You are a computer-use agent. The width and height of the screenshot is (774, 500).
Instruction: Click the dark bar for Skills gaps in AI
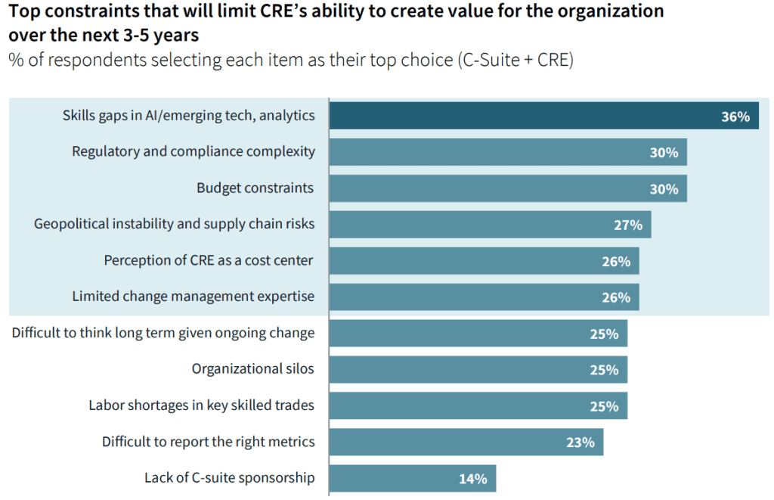tap(544, 116)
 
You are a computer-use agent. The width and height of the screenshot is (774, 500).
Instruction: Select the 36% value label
tap(735, 116)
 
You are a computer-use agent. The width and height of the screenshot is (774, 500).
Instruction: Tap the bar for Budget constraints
tap(508, 188)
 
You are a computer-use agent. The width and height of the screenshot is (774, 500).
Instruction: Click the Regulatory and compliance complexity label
tap(193, 152)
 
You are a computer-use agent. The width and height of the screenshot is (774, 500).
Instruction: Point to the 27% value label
tap(628, 225)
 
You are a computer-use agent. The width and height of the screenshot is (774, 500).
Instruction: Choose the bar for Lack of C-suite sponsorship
tap(413, 478)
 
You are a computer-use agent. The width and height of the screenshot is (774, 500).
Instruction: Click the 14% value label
tap(473, 479)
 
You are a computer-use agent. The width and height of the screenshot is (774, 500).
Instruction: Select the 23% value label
tap(580, 443)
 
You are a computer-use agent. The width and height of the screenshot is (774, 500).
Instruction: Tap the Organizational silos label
tap(252, 368)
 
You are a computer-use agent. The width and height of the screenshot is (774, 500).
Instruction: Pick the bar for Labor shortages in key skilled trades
tap(478, 405)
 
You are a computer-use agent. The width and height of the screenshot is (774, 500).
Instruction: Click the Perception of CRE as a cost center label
tap(209, 260)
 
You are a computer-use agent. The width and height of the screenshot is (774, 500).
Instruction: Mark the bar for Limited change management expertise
tap(485, 297)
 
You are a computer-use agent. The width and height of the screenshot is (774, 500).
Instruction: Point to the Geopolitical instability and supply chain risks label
tap(175, 225)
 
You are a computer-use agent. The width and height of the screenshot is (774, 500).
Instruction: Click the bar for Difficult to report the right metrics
tap(466, 442)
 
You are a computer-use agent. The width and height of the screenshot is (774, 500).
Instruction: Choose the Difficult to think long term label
tap(163, 333)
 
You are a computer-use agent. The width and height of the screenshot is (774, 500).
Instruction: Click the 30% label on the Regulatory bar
tap(664, 153)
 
